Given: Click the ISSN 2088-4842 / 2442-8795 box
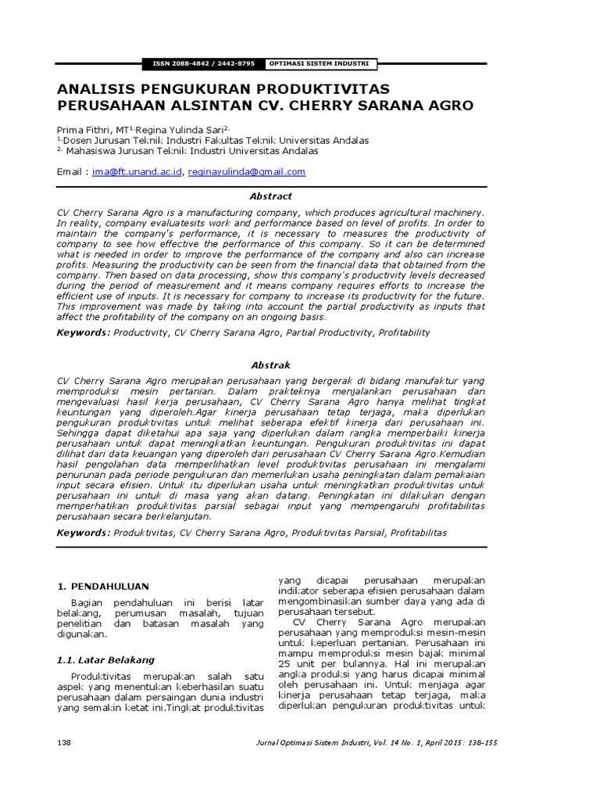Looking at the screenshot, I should (x=202, y=63).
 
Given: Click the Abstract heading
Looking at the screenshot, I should (x=270, y=196).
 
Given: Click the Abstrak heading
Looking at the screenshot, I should (x=270, y=365).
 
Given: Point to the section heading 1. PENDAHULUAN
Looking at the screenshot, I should (x=105, y=587).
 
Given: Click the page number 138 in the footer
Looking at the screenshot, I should (x=66, y=742).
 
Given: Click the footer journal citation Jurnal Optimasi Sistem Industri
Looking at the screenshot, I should (x=327, y=742).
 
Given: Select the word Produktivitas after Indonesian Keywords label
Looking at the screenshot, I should (x=144, y=533).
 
